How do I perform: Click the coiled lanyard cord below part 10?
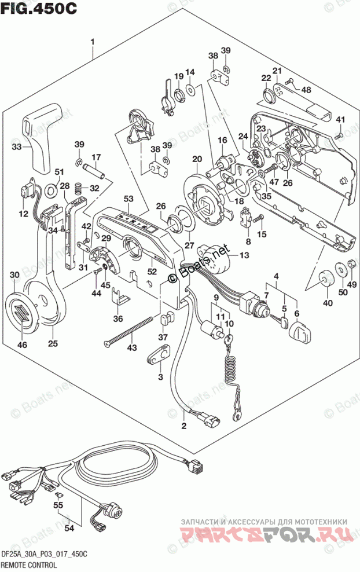coord(232,371)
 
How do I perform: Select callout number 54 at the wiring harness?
coord(69,528)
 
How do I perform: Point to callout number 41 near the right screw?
coord(341,120)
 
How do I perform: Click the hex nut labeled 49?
coord(350,267)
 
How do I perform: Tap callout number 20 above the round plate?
coord(197,159)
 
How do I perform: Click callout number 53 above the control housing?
coord(128,199)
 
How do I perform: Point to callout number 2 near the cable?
coord(183,427)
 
